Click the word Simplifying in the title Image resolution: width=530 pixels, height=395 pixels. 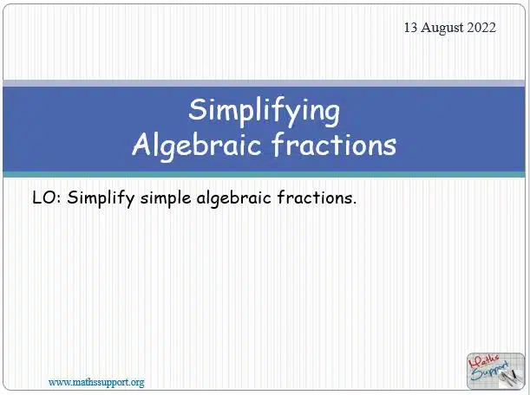pyautogui.click(x=264, y=112)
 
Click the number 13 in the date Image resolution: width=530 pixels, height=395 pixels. pyautogui.click(x=410, y=28)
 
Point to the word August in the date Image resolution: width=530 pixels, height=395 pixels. pyautogui.click(x=442, y=29)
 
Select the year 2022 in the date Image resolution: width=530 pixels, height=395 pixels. pyautogui.click(x=481, y=28)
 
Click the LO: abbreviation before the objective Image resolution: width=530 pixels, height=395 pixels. pyautogui.click(x=47, y=197)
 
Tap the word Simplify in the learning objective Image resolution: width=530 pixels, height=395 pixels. pyautogui.click(x=101, y=198)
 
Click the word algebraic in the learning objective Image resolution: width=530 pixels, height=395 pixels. pyautogui.click(x=234, y=198)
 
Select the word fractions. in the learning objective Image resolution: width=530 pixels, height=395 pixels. pyautogui.click(x=317, y=197)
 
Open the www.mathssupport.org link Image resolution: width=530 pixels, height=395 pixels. pyautogui.click(x=96, y=383)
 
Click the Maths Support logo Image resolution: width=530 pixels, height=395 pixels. pyautogui.click(x=495, y=371)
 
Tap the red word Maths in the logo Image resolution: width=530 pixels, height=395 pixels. pyautogui.click(x=483, y=362)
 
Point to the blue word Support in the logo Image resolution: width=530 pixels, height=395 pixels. pyautogui.click(x=490, y=372)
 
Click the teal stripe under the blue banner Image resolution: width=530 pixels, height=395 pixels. pyautogui.click(x=264, y=174)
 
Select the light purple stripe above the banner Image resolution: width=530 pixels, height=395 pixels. pyautogui.click(x=264, y=83)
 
